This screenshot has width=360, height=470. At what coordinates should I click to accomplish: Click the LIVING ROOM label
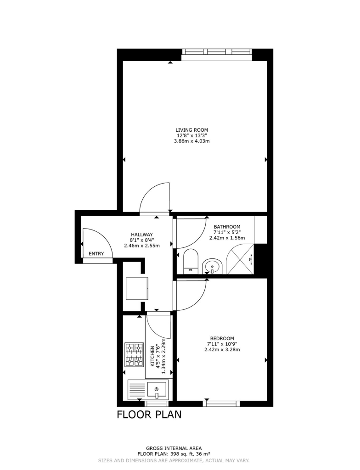(191, 130)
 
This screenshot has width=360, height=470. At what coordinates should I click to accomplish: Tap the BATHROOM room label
(227, 227)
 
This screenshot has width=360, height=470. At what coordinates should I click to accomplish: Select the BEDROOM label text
(222, 338)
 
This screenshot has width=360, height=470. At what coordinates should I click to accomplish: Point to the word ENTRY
(96, 254)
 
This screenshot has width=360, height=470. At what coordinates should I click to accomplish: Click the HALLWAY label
(142, 235)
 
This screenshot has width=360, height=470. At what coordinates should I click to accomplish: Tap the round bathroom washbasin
(212, 266)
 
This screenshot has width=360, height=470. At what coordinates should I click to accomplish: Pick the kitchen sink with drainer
(148, 389)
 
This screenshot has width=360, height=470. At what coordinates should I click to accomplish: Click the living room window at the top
(217, 52)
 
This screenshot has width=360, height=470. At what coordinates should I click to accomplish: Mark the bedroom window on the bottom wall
(222, 403)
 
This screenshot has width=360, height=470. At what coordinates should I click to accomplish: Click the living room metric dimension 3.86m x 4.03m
(191, 141)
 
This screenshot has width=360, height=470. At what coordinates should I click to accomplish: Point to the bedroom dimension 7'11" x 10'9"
(222, 344)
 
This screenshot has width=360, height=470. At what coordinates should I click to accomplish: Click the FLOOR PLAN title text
(149, 415)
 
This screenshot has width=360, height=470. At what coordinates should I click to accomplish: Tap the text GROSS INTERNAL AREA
(174, 448)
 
